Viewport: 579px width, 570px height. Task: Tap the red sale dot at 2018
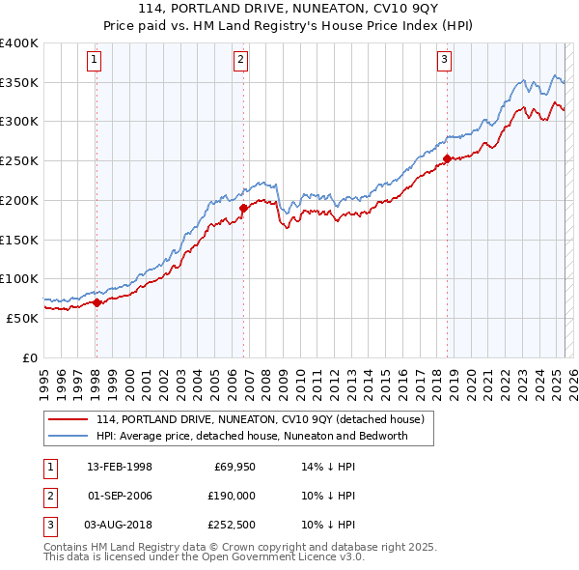(x=447, y=159)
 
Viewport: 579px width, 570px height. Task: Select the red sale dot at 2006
(x=243, y=208)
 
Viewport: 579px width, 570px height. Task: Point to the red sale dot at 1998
(x=96, y=302)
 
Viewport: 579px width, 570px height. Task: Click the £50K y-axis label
(x=22, y=318)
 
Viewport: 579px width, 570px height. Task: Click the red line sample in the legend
(x=69, y=419)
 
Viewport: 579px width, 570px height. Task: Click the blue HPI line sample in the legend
(x=69, y=436)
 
